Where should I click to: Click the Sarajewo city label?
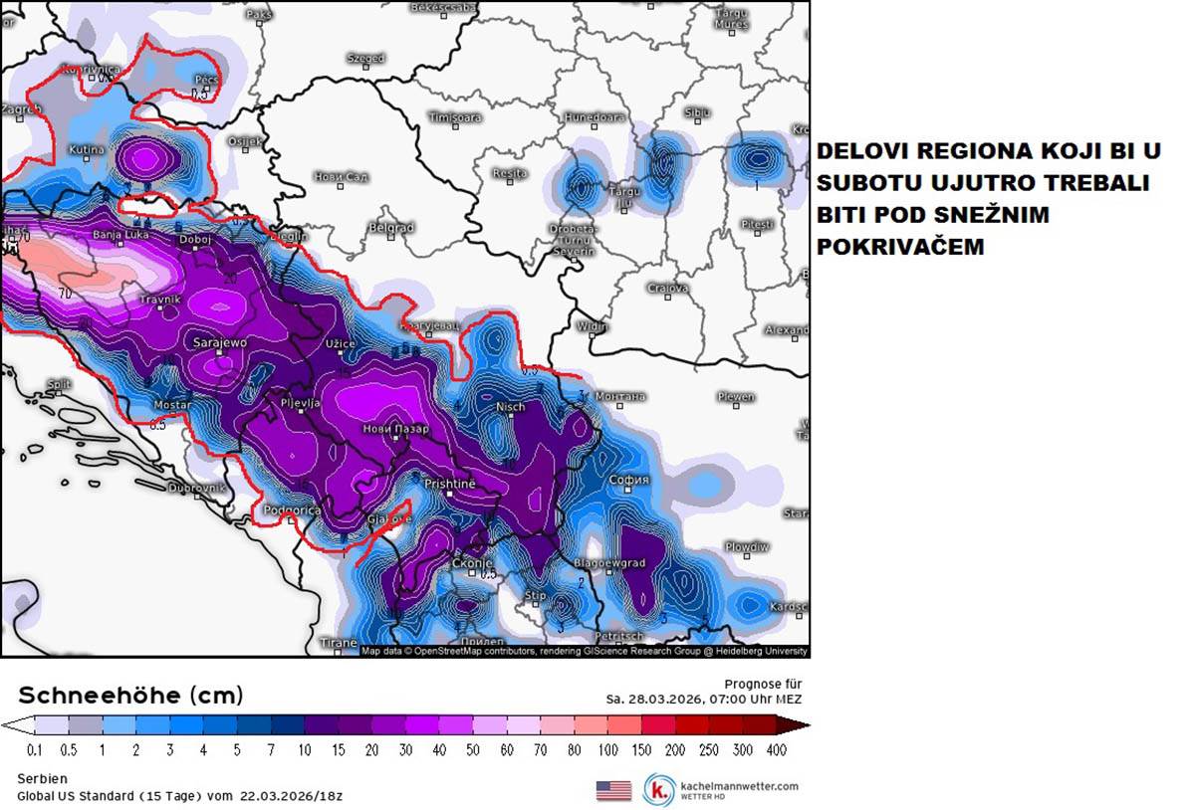pyautogui.click(x=219, y=342)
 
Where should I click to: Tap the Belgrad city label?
pyautogui.click(x=390, y=228)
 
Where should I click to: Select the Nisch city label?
pyautogui.click(x=510, y=407)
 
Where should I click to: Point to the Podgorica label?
pyautogui.click(x=292, y=510)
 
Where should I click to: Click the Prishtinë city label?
pyautogui.click(x=450, y=483)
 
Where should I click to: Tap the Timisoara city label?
pyautogui.click(x=454, y=116)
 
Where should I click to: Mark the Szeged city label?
pyautogui.click(x=365, y=59)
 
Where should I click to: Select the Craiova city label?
pyautogui.click(x=668, y=289)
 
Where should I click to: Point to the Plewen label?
pyautogui.click(x=736, y=397)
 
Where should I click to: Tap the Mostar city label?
pyautogui.click(x=172, y=405)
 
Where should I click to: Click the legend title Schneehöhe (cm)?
pyautogui.click(x=130, y=695)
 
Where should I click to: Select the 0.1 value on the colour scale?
pyautogui.click(x=36, y=749)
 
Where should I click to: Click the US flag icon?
pyautogui.click(x=613, y=790)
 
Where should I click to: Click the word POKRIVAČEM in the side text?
pyautogui.click(x=900, y=246)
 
